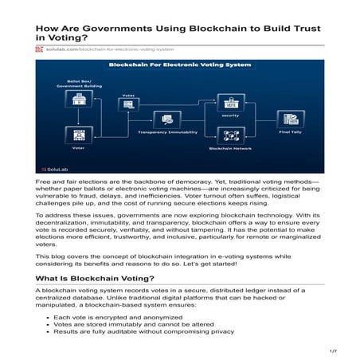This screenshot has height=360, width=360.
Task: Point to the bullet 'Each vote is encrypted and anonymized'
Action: [x=119, y=317]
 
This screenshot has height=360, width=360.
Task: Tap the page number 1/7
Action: [x=334, y=351]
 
